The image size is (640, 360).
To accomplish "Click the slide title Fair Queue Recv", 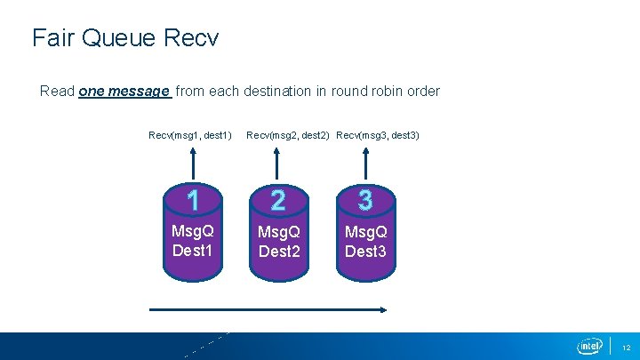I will [x=125, y=38].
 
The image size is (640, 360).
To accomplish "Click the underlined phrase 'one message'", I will [x=124, y=91].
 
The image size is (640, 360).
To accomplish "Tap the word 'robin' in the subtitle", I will [x=387, y=91].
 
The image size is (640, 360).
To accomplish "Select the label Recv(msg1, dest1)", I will [x=190, y=135].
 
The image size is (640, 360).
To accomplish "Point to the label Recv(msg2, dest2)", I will [x=288, y=135].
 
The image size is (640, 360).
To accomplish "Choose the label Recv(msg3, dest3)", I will [x=378, y=135].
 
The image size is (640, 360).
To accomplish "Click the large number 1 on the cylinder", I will [x=192, y=200].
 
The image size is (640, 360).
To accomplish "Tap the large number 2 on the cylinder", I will [x=279, y=201].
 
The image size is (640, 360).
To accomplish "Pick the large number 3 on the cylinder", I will [x=365, y=200].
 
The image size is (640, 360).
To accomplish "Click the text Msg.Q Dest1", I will [x=192, y=241].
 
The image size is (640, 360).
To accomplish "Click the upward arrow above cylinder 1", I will [x=192, y=164].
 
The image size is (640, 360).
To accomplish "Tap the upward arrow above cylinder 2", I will [x=279, y=164].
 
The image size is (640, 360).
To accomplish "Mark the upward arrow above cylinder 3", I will [x=365, y=164].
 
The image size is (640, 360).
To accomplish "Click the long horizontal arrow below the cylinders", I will [x=267, y=310].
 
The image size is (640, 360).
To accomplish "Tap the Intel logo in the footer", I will [x=589, y=346].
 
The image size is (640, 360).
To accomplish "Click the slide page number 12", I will [x=625, y=347].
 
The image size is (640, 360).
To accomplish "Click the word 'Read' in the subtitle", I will [x=57, y=91].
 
